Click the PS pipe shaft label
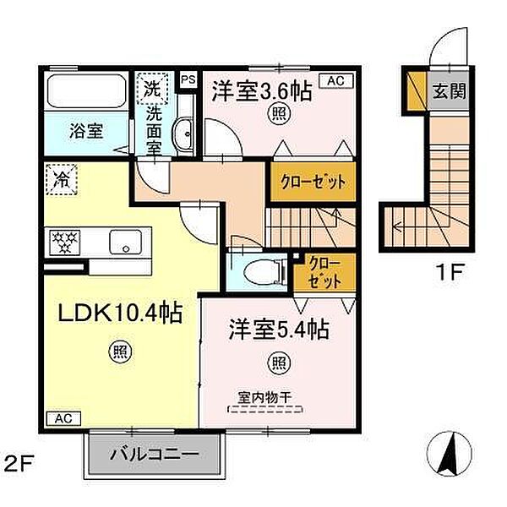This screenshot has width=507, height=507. coord(188,79)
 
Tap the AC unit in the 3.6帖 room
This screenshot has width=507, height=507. coord(336,81)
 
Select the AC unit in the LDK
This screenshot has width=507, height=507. coord(63,418)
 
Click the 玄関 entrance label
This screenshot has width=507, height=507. coord(450,91)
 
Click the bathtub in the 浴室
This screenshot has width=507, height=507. coord(86,91)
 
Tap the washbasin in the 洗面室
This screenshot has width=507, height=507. coord(183,134)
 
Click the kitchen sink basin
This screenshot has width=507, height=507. coord(125,242)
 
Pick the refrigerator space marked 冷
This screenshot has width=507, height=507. coord(62,180)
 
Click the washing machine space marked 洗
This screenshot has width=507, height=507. coord(152,89)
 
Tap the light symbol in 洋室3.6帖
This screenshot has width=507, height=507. coord(279,113)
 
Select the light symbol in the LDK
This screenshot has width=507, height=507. coord(119,352)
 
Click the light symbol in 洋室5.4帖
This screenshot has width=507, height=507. coord(279,363)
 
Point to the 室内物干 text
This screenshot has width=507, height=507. coord(265,398)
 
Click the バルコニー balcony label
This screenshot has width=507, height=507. coord(155,455)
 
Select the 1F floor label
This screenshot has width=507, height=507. coord(450,272)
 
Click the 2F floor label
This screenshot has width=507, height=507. coord(18,466)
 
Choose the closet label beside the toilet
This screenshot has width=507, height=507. coord(325,272)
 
